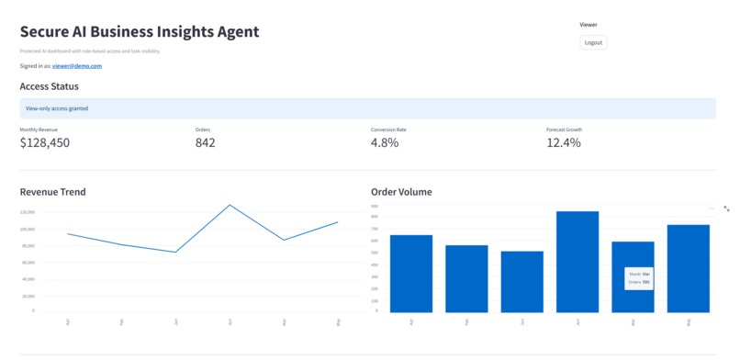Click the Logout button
point(593,42)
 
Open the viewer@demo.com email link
point(76,66)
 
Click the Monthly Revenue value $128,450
point(45,142)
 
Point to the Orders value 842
point(206,142)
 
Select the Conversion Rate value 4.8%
point(385,142)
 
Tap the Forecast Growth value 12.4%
point(564,142)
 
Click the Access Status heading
point(50,86)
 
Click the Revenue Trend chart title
point(53,192)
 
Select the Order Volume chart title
point(401,192)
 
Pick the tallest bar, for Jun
point(577,262)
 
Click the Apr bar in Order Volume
point(411,274)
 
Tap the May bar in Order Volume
point(689,268)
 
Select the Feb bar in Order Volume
point(466,278)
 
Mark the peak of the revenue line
point(230,205)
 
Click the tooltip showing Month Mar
point(639,277)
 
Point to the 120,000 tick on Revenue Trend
point(27,212)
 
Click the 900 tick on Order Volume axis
point(375,207)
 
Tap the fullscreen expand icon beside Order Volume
point(726,208)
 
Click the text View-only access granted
point(58,108)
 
